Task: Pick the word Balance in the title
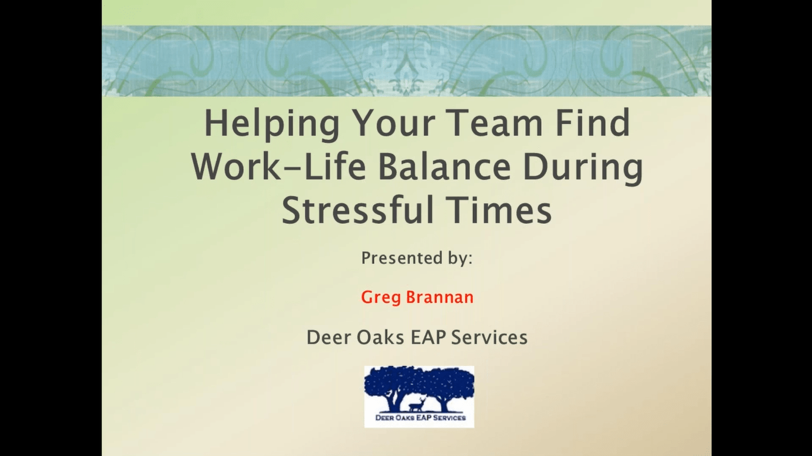(x=444, y=167)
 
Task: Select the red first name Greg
(x=381, y=298)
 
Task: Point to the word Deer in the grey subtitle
(x=326, y=338)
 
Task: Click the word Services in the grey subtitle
(x=489, y=338)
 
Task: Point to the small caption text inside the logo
(x=419, y=418)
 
